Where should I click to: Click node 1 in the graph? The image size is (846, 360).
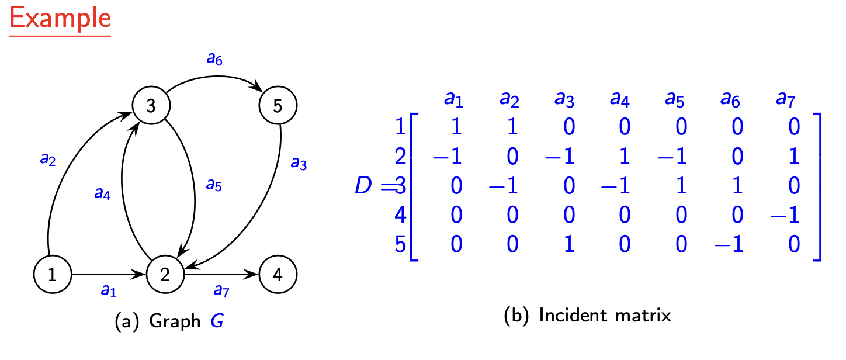coord(53,274)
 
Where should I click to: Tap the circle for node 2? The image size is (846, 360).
coord(165,274)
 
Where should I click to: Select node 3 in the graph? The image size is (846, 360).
coord(151,106)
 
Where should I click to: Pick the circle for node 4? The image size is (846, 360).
coord(278,274)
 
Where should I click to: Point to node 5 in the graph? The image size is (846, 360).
coord(278,106)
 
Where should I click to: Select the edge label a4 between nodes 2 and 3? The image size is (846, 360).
coord(102,193)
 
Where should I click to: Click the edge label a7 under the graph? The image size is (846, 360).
coord(220,289)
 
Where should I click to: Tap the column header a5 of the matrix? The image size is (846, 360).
coord(675,99)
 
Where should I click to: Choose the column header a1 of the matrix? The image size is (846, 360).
coord(453,99)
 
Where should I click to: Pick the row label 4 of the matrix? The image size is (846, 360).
coord(400,214)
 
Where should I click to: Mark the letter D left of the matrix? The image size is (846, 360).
coord(365,186)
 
